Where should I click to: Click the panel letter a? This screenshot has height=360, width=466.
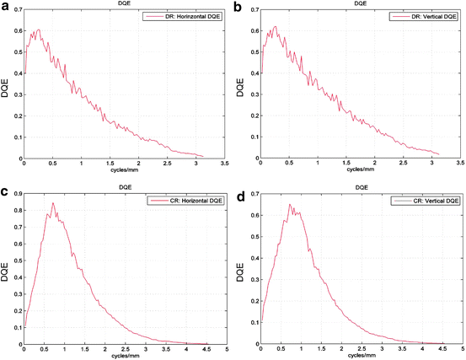pos(5,7)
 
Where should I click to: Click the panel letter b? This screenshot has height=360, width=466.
pos(238,7)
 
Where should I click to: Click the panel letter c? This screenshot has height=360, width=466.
pos(5,193)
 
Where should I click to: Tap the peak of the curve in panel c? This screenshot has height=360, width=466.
pos(52,203)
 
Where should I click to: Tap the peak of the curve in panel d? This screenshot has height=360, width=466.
pos(291,204)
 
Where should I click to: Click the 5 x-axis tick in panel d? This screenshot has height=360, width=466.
pos(463,349)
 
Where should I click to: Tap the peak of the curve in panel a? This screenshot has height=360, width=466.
pos(39,30)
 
